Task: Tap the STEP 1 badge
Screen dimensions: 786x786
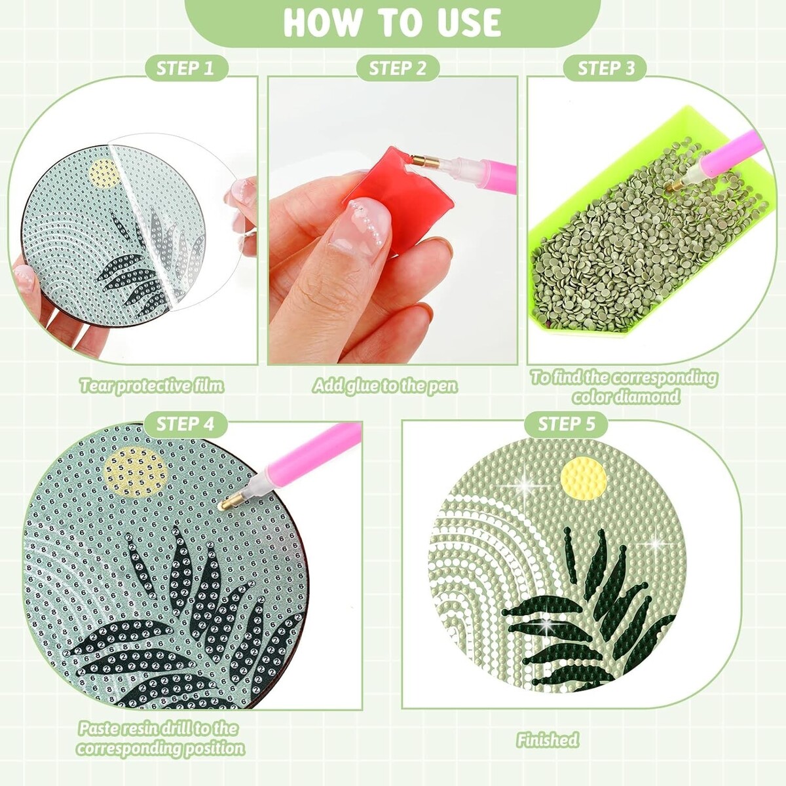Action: (x=186, y=68)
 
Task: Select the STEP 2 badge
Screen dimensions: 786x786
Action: (x=398, y=68)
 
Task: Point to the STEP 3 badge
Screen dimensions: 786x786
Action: (x=606, y=68)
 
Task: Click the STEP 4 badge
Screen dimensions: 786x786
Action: (x=185, y=424)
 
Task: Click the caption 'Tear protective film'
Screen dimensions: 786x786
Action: (x=152, y=386)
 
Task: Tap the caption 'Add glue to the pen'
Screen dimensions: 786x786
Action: (x=385, y=386)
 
